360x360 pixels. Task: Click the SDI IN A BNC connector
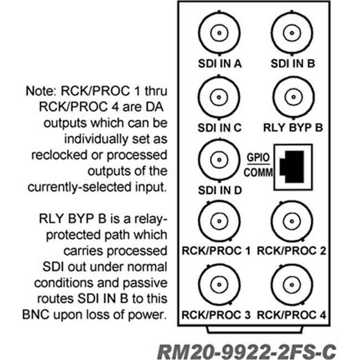pyautogui.click(x=220, y=33)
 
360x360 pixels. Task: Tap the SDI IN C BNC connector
pyautogui.click(x=220, y=97)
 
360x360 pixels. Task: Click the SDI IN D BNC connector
pyautogui.click(x=220, y=160)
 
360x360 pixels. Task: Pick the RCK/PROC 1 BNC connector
pyautogui.click(x=220, y=221)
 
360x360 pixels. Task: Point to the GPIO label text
pyautogui.click(x=258, y=157)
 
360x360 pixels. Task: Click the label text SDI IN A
pyautogui.click(x=220, y=64)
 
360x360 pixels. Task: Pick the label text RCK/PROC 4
pyautogui.click(x=293, y=315)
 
